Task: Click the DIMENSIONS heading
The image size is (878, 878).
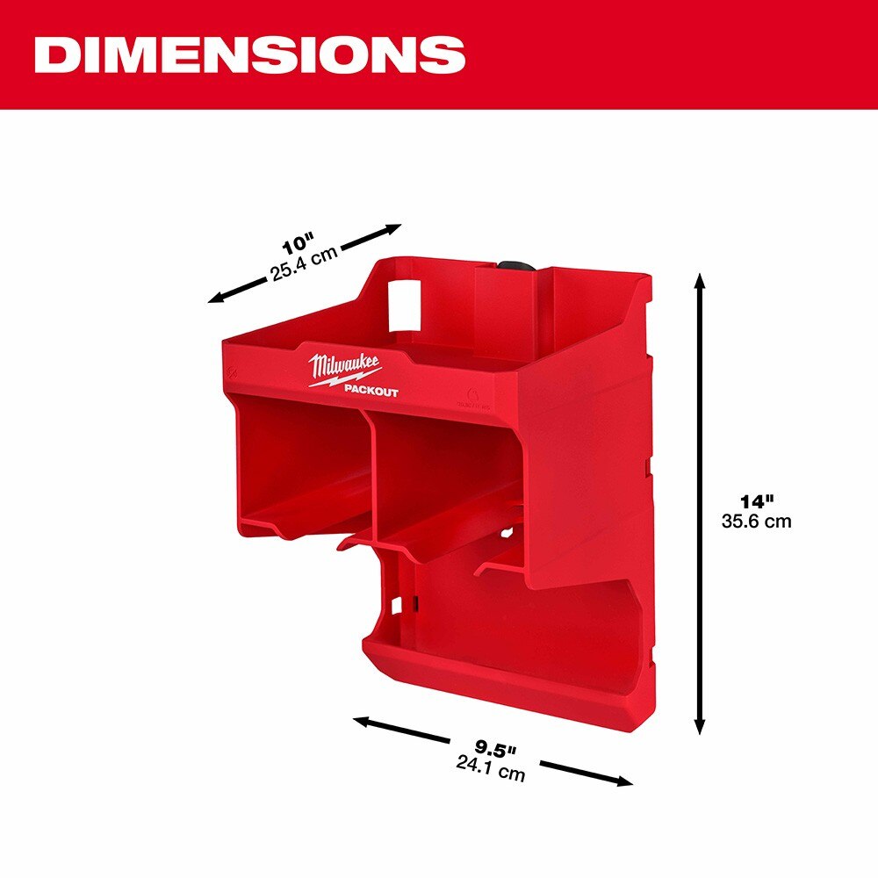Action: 249,55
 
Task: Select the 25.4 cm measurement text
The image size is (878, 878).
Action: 304,265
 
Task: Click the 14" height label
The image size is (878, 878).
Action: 756,502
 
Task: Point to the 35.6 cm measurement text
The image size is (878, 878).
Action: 756,521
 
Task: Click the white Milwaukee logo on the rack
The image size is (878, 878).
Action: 343,368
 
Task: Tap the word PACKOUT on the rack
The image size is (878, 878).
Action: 371,392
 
